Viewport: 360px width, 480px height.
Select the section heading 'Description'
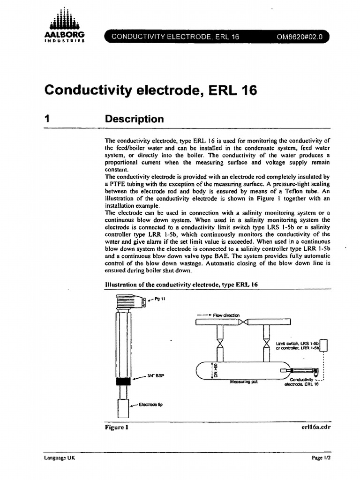click(x=135, y=119)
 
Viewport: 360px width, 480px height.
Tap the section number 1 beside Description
click(x=47, y=119)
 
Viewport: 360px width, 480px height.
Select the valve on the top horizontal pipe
click(x=244, y=322)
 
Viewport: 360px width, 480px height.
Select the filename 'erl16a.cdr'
click(x=311, y=427)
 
